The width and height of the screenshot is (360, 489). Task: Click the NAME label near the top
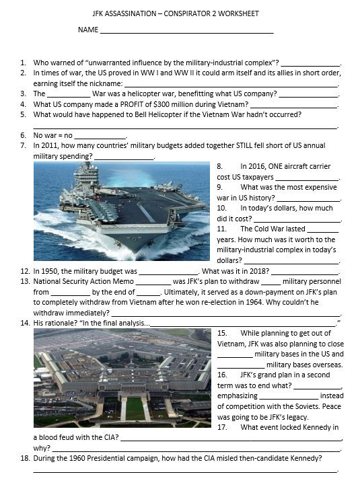click(87, 30)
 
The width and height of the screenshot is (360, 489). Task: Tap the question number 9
click(219, 187)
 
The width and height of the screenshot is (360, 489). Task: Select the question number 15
click(222, 333)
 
